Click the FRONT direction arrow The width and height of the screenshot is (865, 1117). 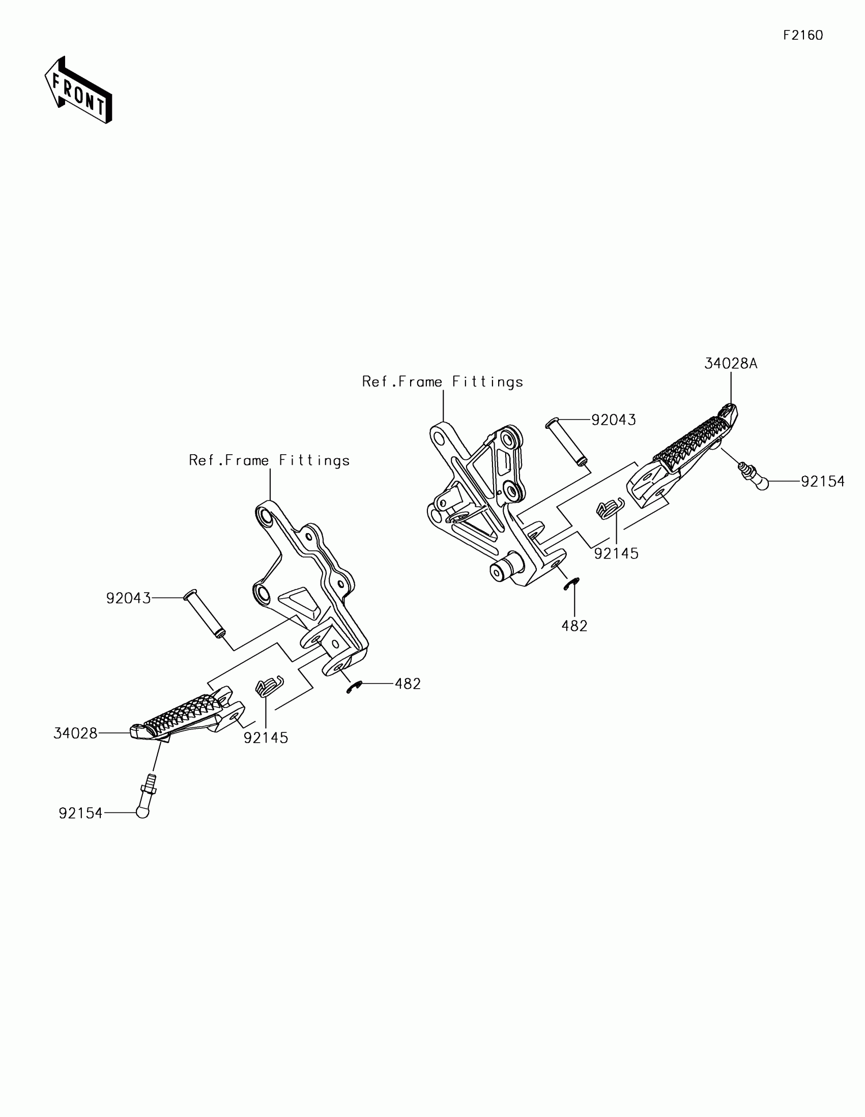tap(78, 91)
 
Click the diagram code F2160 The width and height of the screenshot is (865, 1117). tap(802, 35)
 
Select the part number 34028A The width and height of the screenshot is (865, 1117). tap(731, 364)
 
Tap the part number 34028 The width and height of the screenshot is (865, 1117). tap(75, 733)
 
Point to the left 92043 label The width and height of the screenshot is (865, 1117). tap(128, 598)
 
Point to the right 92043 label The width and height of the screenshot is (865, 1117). tap(613, 420)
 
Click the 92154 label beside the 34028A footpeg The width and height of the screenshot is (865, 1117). tap(823, 482)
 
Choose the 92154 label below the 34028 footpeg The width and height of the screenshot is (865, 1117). tap(80, 813)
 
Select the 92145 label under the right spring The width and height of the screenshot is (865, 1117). tap(616, 553)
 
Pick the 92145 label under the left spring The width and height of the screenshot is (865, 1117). tap(266, 738)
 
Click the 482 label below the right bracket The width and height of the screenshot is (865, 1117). tap(574, 626)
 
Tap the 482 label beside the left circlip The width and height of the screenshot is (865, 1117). tap(407, 684)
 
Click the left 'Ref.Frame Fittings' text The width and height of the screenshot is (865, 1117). tap(269, 460)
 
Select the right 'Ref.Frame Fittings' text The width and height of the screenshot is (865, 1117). tap(443, 382)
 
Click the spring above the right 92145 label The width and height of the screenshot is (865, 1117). tap(609, 508)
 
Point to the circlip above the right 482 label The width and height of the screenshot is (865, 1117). tap(571, 584)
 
